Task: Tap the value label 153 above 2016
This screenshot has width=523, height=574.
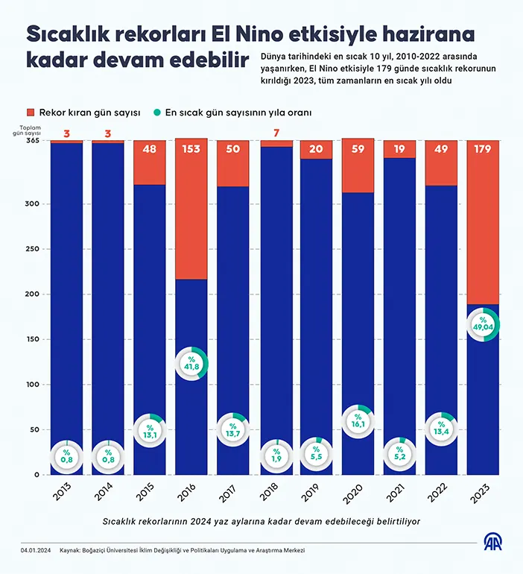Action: pos(191,150)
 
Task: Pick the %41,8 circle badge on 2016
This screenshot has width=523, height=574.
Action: pos(192,363)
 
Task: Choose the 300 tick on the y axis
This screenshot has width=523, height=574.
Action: pos(31,204)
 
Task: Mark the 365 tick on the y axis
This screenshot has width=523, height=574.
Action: pos(31,141)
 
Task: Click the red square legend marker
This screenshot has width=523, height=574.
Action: pos(31,113)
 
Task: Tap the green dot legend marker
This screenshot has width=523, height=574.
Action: pos(157,113)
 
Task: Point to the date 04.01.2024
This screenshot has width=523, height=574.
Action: pos(36,550)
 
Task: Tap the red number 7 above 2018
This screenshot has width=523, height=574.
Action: pos(276,134)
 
